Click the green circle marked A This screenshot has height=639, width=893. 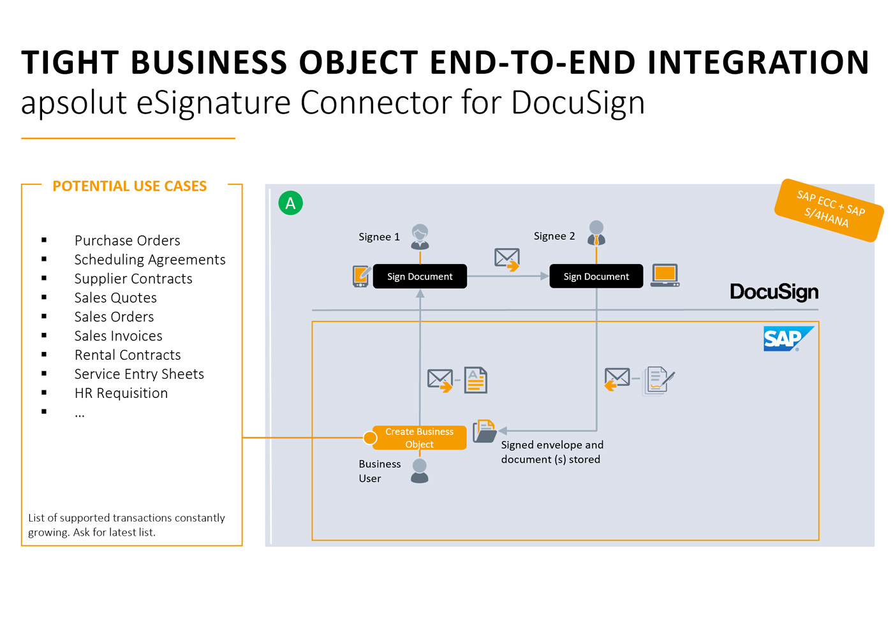(291, 203)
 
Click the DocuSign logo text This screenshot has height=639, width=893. (774, 292)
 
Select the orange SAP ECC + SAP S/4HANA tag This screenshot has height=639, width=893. (829, 210)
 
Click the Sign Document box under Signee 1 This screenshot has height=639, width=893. (420, 277)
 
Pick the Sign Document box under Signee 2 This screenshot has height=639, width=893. (596, 277)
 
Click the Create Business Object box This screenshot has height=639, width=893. (419, 438)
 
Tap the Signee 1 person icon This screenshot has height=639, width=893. (420, 237)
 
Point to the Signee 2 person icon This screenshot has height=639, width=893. (596, 233)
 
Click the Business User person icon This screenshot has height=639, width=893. (420, 471)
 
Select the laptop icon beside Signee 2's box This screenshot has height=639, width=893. (665, 275)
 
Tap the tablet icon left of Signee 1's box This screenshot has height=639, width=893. (361, 276)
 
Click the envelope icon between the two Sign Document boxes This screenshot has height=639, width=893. (507, 259)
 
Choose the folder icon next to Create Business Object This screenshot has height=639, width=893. (485, 432)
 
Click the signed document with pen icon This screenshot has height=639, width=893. (658, 380)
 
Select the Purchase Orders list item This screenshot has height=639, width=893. (127, 240)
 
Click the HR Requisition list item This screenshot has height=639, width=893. (121, 393)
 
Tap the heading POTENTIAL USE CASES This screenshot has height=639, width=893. (129, 186)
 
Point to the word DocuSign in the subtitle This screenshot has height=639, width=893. (577, 103)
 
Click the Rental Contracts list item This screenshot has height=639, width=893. (128, 355)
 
